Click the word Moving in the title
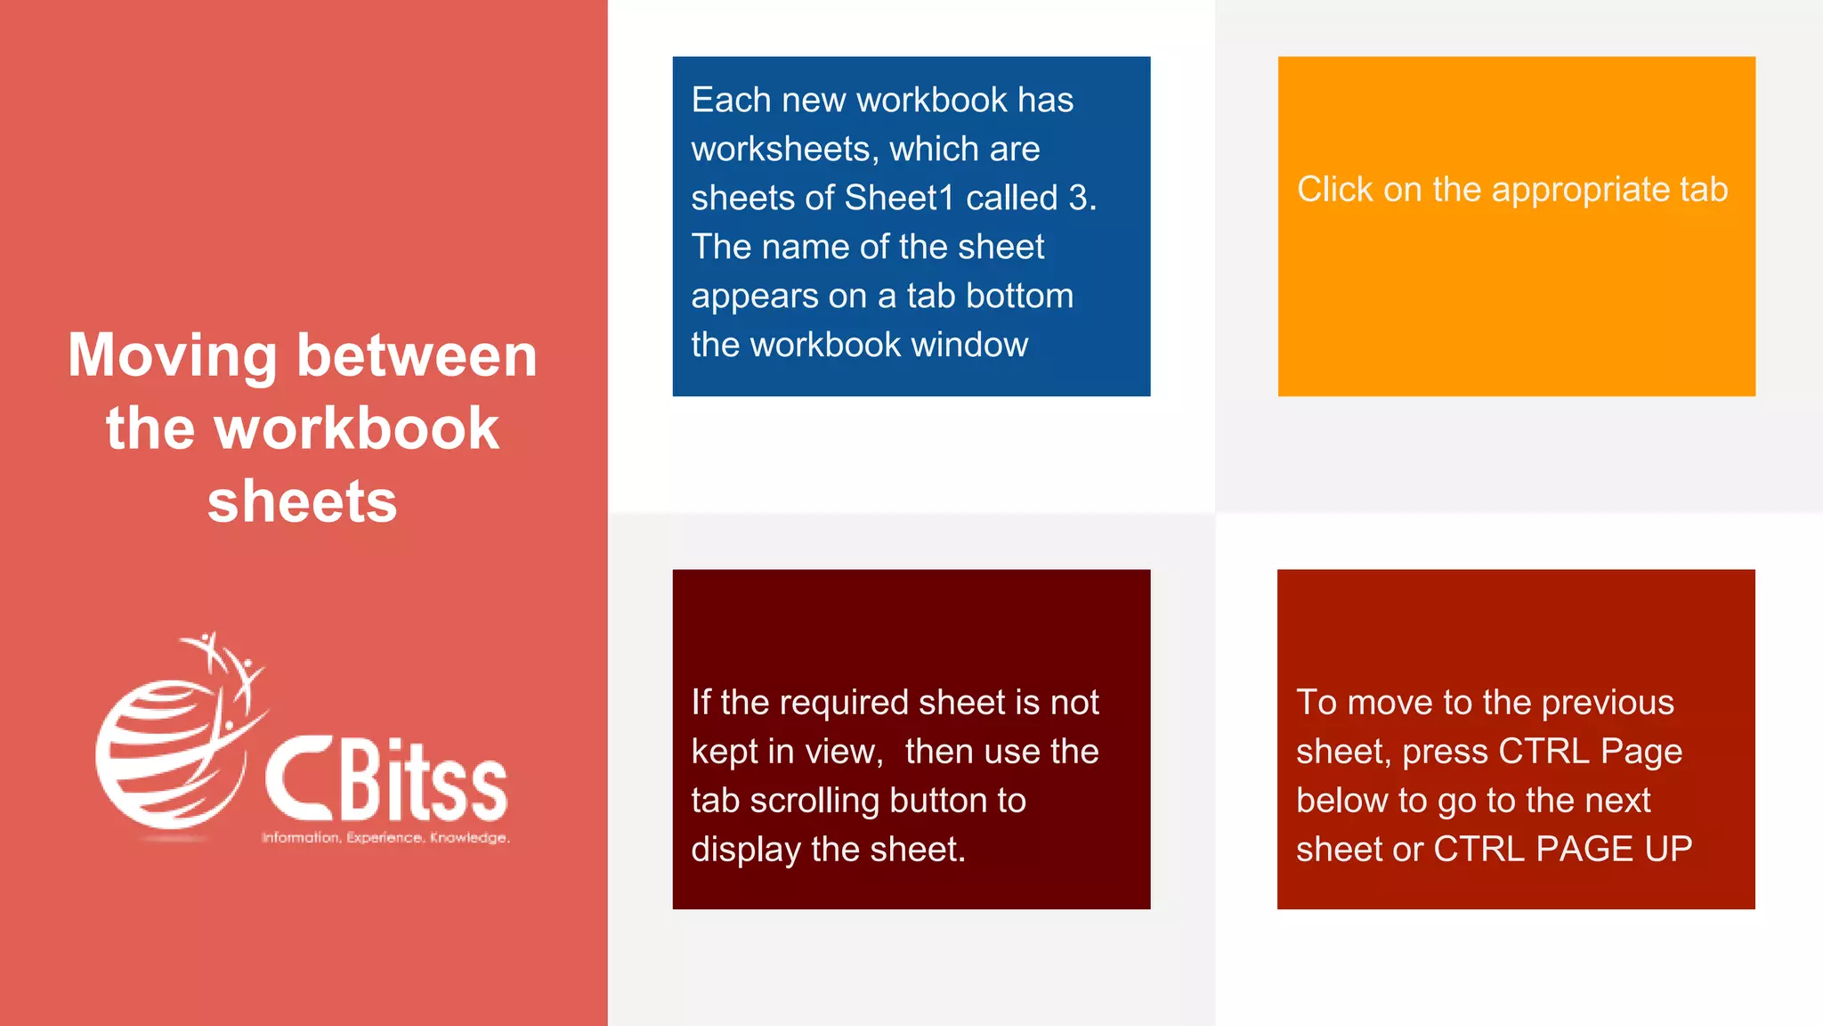click(173, 355)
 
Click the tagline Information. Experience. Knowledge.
click(385, 837)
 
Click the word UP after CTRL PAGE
click(1667, 849)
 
